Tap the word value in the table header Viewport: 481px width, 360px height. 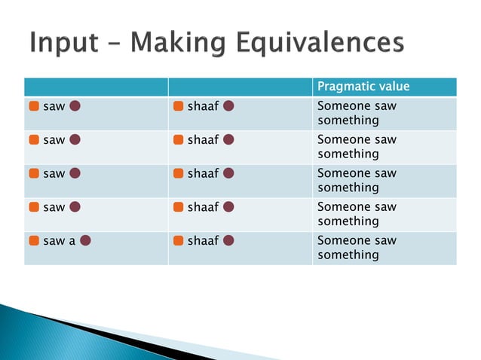394,87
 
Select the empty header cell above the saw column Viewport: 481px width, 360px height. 96,87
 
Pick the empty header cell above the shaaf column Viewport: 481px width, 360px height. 240,87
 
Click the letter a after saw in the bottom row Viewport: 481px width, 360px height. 72,241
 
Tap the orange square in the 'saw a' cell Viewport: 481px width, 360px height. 35,241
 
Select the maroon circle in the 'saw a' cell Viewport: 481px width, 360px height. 86,241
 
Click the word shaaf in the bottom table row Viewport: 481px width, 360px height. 203,241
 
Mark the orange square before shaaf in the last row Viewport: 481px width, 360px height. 179,241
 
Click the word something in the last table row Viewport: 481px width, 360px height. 348,255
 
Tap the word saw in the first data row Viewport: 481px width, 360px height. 54,106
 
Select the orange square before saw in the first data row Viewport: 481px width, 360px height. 35,106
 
